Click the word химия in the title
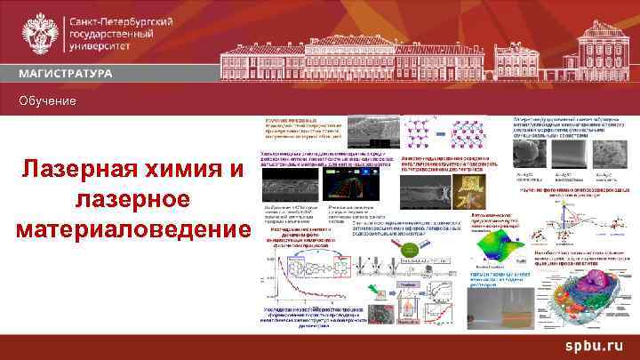coord(188,169)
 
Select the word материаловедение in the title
coord(133,228)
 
